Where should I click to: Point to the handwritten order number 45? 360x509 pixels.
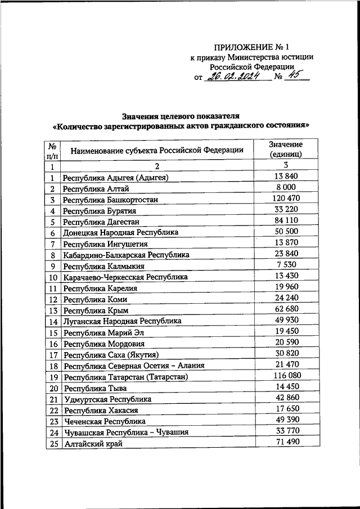(293, 77)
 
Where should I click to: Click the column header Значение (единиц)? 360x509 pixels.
(286, 149)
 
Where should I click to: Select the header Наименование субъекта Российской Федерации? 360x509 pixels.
(156, 150)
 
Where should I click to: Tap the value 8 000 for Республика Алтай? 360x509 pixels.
(286, 187)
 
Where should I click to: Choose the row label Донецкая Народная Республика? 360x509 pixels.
(120, 232)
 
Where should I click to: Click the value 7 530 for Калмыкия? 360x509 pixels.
(286, 265)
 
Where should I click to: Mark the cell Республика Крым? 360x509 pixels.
(96, 310)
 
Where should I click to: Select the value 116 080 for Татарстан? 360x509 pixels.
(286, 376)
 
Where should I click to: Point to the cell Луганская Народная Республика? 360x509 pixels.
(122, 321)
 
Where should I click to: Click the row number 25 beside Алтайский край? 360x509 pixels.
(53, 443)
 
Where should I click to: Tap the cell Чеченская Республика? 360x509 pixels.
(105, 421)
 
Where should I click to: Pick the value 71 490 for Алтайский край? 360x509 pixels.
(286, 442)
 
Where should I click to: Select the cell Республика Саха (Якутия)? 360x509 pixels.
(111, 355)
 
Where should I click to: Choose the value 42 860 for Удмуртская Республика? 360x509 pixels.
(286, 398)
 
